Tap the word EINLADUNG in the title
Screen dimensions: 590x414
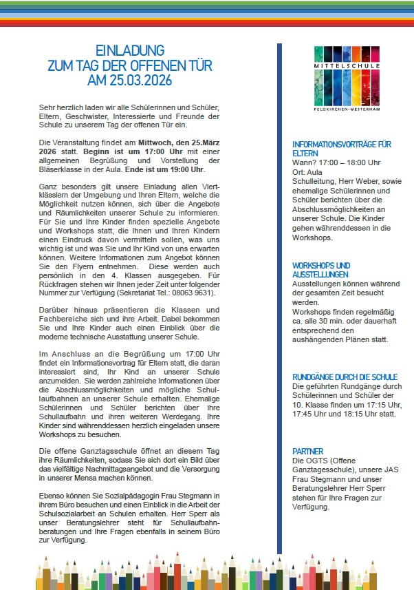129,51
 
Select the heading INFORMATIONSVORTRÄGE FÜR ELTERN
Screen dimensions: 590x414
342,149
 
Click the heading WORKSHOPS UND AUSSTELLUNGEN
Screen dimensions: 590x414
321,269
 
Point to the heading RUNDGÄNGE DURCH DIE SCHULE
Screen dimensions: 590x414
345,377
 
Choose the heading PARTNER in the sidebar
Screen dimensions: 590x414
308,452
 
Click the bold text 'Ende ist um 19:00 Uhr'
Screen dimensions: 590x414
165,169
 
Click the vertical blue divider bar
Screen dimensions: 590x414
279,296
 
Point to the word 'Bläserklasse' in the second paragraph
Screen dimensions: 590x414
62,169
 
